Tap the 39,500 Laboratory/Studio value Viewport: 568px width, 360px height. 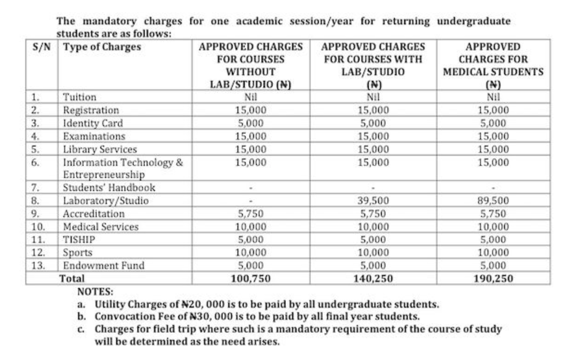[374, 201]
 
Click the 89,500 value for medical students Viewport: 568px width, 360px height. [493, 201]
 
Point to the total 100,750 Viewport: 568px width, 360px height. [251, 278]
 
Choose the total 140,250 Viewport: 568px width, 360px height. [374, 278]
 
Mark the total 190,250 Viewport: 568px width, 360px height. [493, 278]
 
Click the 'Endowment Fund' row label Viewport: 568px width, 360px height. [103, 266]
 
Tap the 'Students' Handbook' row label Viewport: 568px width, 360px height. [109, 188]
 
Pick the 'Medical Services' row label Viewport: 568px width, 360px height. [101, 227]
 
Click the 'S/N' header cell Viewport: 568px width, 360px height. [41, 47]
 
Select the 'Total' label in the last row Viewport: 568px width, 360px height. [72, 278]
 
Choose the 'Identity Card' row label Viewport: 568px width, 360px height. [93, 123]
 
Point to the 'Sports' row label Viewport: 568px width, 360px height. [78, 253]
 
